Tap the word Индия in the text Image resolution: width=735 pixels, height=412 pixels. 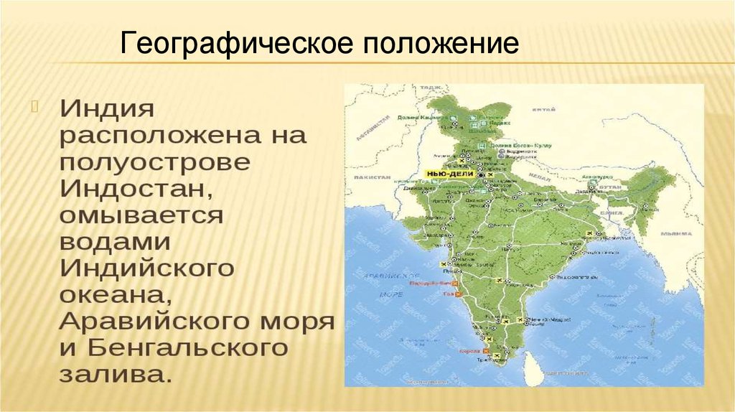click(x=107, y=110)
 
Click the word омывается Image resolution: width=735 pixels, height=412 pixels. click(x=142, y=215)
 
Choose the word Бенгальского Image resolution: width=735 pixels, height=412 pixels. click(x=188, y=348)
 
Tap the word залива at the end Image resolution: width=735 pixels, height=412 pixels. click(x=115, y=375)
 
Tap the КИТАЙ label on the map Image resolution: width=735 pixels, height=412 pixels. click(x=543, y=110)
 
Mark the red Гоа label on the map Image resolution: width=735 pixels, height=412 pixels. click(x=449, y=294)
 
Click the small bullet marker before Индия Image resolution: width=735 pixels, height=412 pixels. click(x=32, y=107)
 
